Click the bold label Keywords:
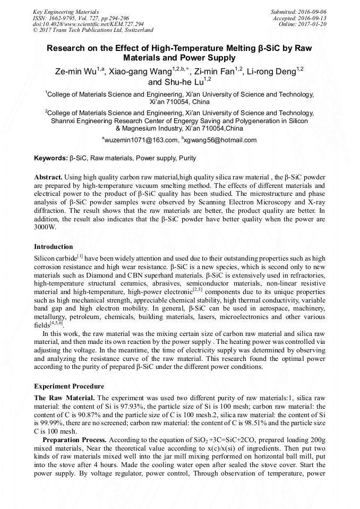51,158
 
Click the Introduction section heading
54,247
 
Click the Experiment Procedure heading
69,386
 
